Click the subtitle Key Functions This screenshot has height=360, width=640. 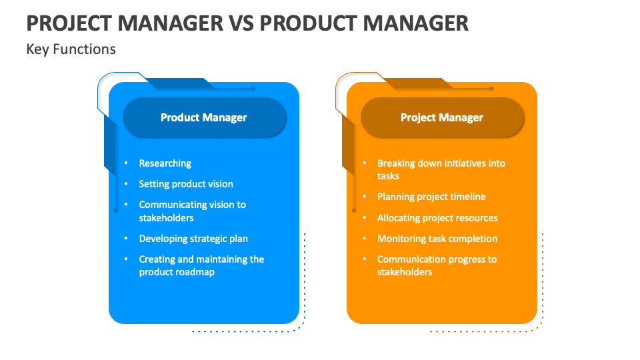(71, 49)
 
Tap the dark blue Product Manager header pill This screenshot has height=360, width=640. (204, 117)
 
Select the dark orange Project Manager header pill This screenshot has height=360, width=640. (442, 117)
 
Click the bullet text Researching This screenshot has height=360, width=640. (165, 163)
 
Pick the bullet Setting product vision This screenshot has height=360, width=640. (186, 184)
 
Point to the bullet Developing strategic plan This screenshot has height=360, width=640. (193, 239)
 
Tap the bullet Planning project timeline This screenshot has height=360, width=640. (431, 197)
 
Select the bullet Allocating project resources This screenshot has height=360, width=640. (437, 218)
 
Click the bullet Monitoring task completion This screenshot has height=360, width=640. (437, 239)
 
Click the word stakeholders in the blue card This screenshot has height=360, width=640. (166, 218)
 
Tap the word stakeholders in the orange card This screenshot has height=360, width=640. (405, 272)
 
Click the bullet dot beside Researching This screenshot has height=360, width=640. (126, 163)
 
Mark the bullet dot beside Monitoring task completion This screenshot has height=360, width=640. (365, 239)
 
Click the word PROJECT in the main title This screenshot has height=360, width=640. (69, 23)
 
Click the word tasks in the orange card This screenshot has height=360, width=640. (388, 176)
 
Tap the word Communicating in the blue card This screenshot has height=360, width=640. (172, 205)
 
